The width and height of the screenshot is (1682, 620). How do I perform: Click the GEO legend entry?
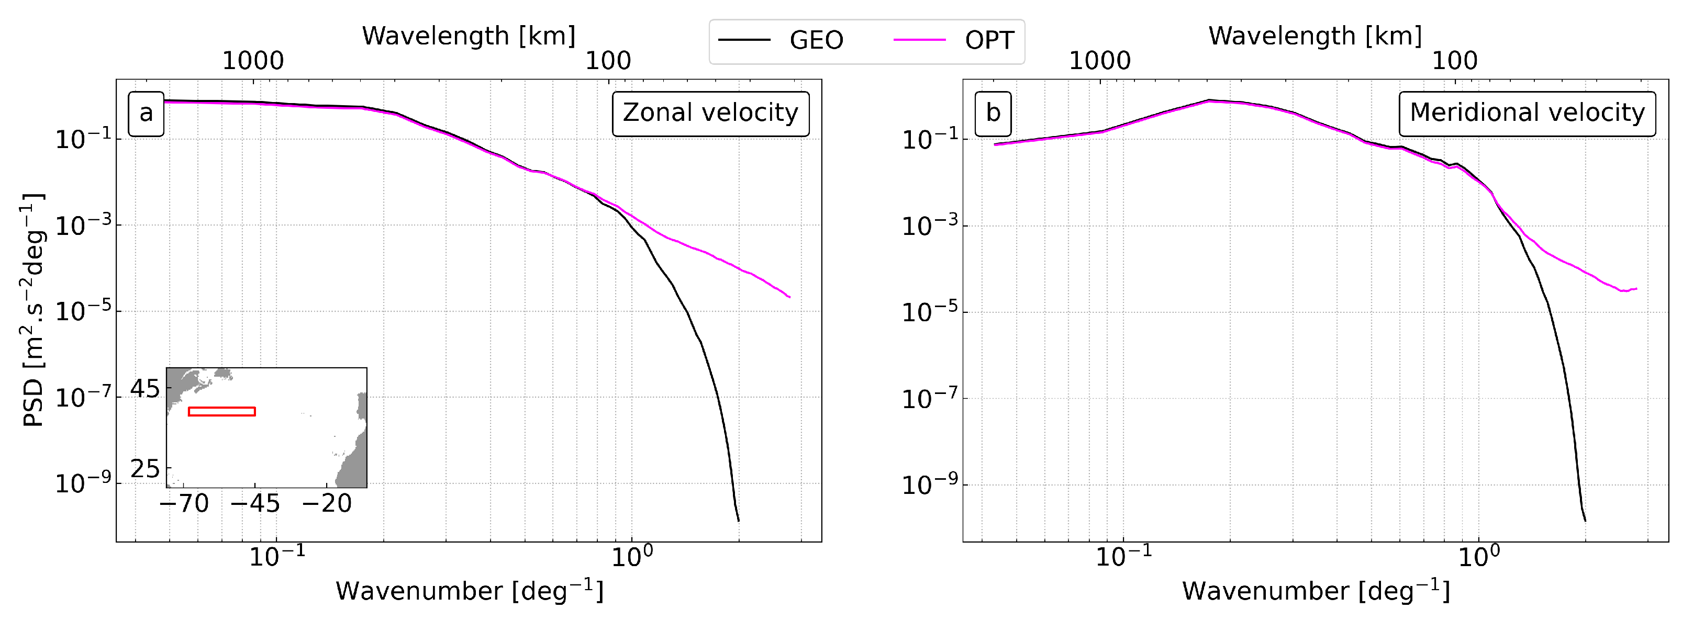pyautogui.click(x=781, y=40)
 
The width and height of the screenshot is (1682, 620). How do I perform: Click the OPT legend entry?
pyautogui.click(x=953, y=40)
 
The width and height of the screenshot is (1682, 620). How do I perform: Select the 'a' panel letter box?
pyautogui.click(x=146, y=114)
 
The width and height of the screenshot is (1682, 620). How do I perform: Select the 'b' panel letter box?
pyautogui.click(x=993, y=114)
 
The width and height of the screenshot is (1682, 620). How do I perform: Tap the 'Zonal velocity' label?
pyautogui.click(x=710, y=114)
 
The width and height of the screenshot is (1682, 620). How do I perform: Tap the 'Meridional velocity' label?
pyautogui.click(x=1527, y=114)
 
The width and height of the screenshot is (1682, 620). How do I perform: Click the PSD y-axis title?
pyautogui.click(x=32, y=310)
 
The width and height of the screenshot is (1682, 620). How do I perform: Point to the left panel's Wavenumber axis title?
pyautogui.click(x=469, y=591)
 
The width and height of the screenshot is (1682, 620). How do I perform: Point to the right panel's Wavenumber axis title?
pyautogui.click(x=1315, y=591)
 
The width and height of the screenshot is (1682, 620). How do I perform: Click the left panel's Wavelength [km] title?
pyautogui.click(x=469, y=36)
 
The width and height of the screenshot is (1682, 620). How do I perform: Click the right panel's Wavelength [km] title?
pyautogui.click(x=1315, y=36)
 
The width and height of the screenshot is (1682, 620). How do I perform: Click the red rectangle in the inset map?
pyautogui.click(x=221, y=411)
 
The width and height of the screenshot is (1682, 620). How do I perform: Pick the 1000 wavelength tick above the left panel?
pyautogui.click(x=253, y=61)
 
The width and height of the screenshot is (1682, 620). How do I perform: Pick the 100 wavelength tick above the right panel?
pyautogui.click(x=1454, y=61)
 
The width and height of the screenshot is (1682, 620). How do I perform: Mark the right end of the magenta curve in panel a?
pyautogui.click(x=789, y=298)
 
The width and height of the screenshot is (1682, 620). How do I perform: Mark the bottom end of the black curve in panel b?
pyautogui.click(x=1585, y=520)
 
